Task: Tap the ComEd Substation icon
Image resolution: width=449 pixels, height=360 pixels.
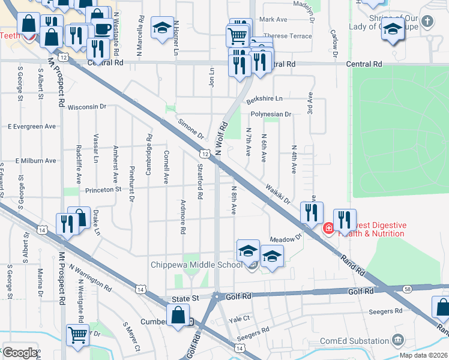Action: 397,341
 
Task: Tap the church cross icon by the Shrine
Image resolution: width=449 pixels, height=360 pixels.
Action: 427,22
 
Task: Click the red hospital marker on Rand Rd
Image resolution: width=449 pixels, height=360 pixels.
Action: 328,228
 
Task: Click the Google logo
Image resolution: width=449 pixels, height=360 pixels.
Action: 19,353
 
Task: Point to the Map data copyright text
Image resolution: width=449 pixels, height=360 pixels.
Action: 424,355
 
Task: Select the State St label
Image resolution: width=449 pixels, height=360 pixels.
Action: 185,297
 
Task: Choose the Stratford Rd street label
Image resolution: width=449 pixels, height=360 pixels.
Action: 199,182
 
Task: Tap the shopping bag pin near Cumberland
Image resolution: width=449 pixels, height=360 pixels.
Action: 178,314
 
